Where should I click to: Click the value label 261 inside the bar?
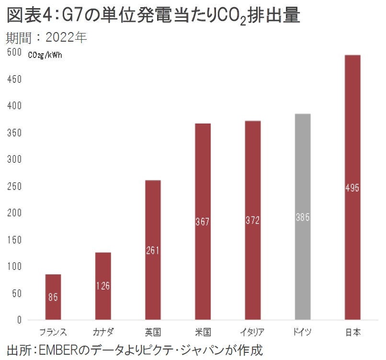coord(153,250)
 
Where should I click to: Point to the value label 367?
coord(203,222)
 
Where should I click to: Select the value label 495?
coord(352,188)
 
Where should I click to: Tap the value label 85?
coord(53,297)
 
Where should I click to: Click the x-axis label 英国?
coord(153,332)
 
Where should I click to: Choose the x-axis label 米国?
coord(203,332)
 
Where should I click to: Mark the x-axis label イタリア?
coord(252,332)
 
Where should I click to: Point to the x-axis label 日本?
coord(352,332)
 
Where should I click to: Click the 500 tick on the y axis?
coord(14,53)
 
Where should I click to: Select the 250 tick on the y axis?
coord(14,186)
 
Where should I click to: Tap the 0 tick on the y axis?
coord(19,319)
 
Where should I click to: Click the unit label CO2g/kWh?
coord(45,55)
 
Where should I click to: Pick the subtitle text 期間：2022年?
coord(46,37)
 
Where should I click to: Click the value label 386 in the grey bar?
coord(302,217)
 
